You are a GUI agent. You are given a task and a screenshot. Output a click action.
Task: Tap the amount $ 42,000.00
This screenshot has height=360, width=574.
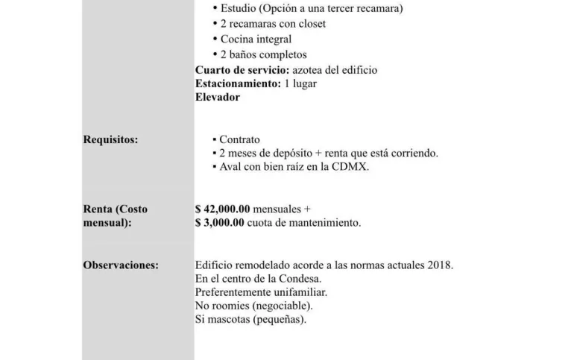222,209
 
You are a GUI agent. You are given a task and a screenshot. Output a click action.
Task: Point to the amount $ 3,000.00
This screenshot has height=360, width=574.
219,222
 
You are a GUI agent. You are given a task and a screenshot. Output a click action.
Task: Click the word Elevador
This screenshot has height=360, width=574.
218,97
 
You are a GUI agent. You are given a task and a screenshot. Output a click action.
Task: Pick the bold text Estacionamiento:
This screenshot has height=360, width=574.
238,83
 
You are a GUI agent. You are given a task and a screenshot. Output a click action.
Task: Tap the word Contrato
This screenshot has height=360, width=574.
239,139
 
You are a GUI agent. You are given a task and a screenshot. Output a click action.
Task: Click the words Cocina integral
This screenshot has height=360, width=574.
256,39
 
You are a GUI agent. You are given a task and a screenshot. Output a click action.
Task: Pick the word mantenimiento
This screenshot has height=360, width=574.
323,222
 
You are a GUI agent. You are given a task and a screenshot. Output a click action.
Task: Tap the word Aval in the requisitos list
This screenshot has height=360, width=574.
230,167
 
